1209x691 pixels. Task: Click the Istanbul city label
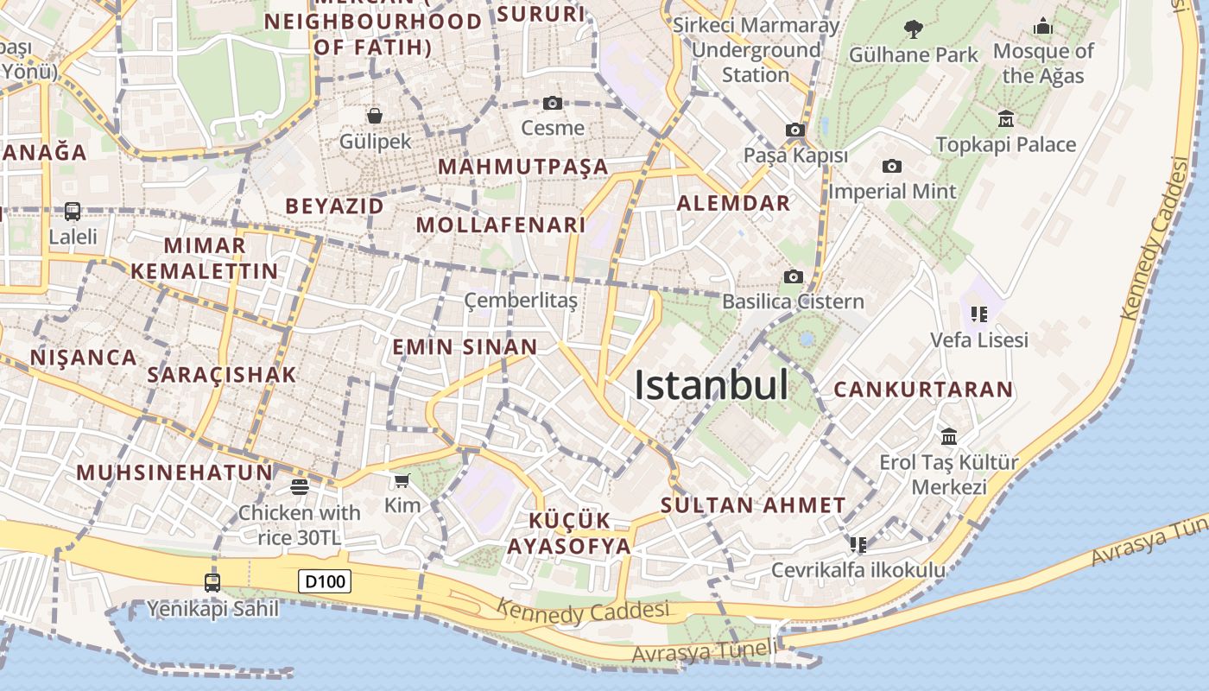click(711, 385)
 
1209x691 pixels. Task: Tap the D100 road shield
click(325, 581)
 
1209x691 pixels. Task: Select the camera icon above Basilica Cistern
click(793, 276)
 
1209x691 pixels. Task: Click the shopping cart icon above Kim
click(402, 480)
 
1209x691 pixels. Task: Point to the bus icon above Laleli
click(73, 211)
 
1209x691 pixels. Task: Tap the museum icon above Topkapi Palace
click(1005, 118)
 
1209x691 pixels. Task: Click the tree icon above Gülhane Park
click(913, 29)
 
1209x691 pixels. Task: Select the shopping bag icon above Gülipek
click(375, 115)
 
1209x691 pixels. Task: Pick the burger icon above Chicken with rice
click(299, 487)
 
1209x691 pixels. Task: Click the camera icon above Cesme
click(553, 104)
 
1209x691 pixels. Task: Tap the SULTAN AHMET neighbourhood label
click(753, 505)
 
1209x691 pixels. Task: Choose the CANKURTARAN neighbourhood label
click(923, 390)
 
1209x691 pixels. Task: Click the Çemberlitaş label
click(521, 301)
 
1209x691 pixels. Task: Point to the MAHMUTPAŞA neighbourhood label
click(523, 167)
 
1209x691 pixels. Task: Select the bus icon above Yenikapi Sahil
click(212, 582)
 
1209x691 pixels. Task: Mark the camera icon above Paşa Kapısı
click(794, 130)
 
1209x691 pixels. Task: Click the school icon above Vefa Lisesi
click(978, 314)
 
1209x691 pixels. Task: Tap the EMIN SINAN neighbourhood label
click(465, 347)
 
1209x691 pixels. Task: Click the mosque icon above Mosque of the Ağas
click(1043, 26)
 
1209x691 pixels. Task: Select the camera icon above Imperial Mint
click(892, 166)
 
